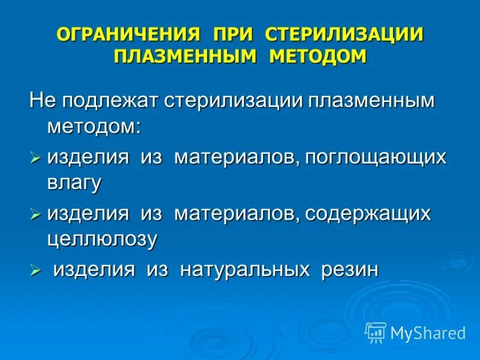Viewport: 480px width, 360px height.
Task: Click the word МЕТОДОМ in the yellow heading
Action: pyautogui.click(x=317, y=56)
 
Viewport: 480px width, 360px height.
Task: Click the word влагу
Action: pyautogui.click(x=74, y=183)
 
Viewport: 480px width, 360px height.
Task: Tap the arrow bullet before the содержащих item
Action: pyautogui.click(x=35, y=214)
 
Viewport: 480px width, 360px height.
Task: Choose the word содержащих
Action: pyautogui.click(x=368, y=213)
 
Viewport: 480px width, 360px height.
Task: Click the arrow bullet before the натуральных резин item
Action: pyautogui.click(x=35, y=269)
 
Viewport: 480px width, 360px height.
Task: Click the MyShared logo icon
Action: pyautogui.click(x=376, y=332)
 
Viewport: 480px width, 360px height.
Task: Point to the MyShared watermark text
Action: pyautogui.click(x=428, y=332)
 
